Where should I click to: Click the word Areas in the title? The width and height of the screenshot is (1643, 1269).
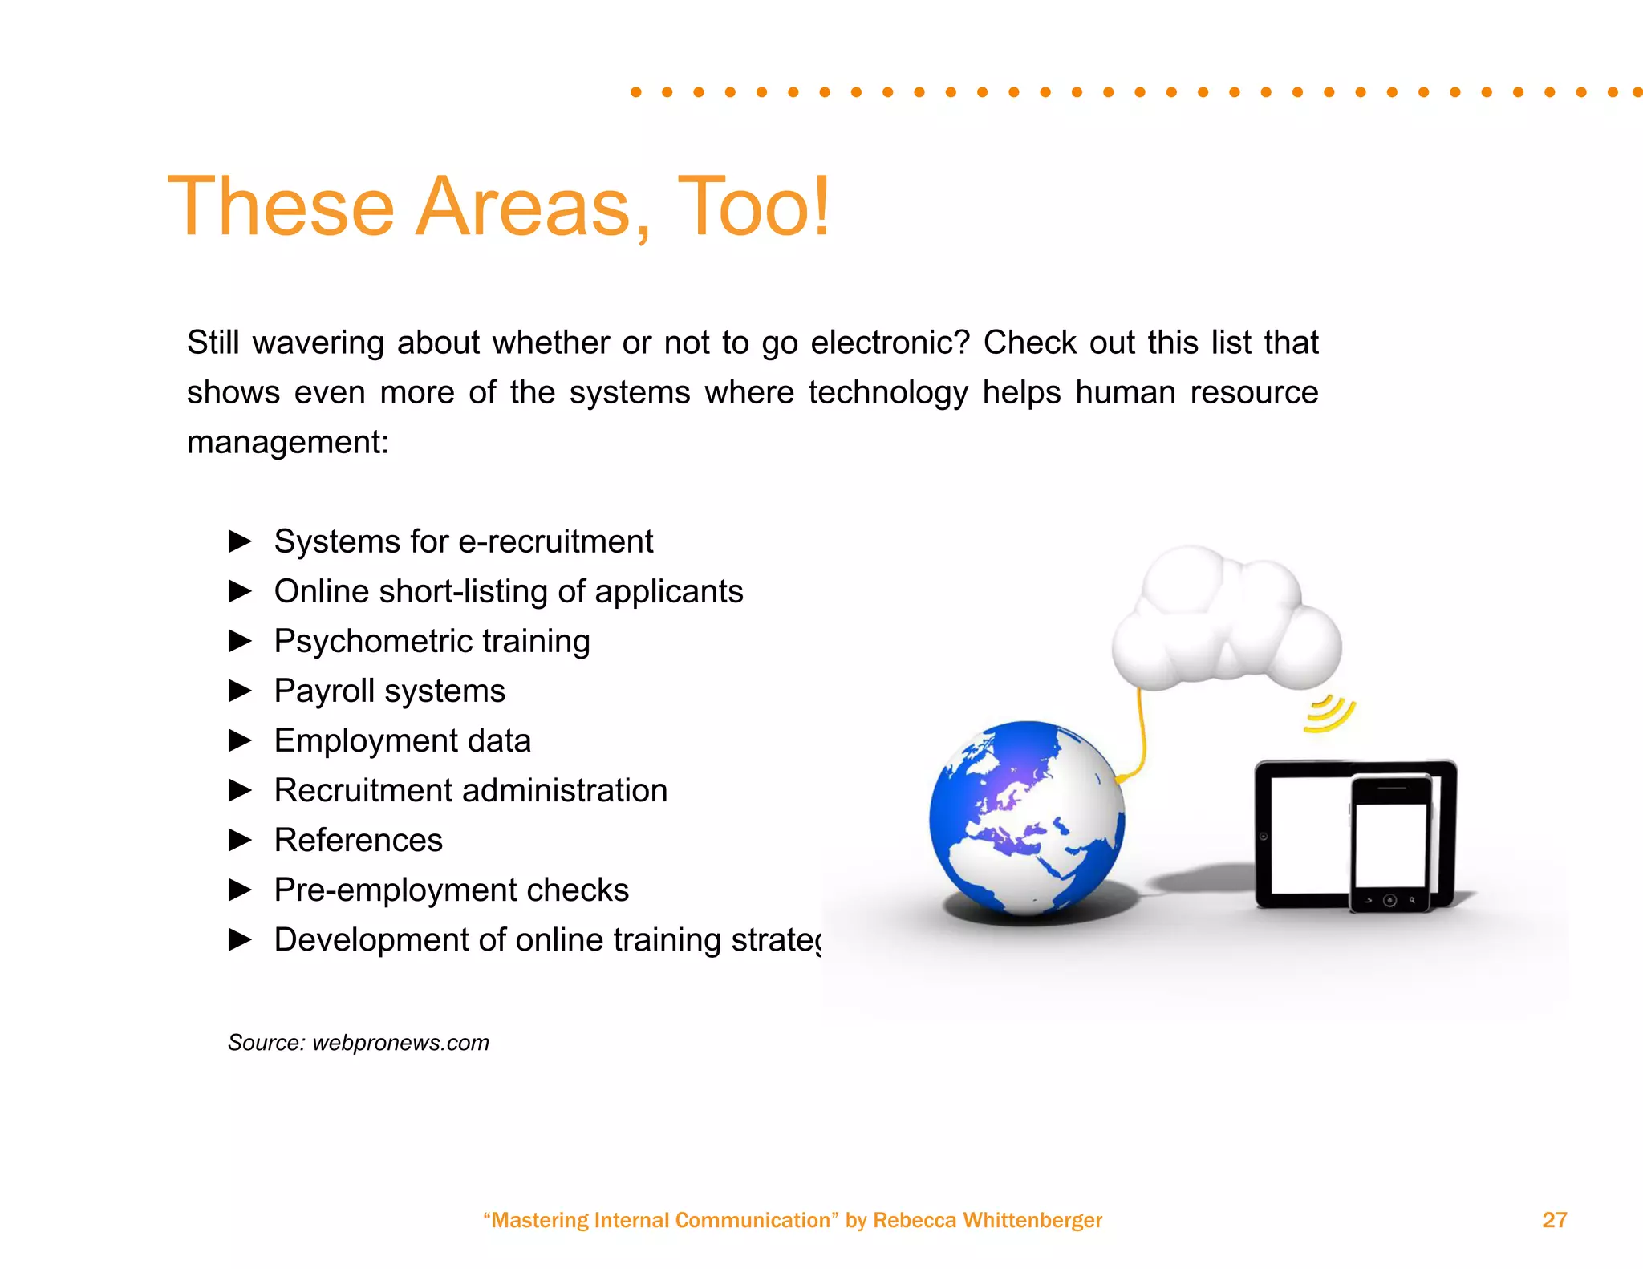click(x=522, y=207)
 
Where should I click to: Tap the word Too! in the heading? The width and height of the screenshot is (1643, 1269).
click(x=753, y=207)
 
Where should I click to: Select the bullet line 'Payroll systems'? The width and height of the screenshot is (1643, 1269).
click(x=389, y=691)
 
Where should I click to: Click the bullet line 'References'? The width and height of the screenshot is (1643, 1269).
click(x=358, y=840)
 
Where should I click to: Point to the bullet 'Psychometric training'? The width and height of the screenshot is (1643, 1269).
click(x=432, y=641)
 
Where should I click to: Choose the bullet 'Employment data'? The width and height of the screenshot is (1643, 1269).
click(x=402, y=740)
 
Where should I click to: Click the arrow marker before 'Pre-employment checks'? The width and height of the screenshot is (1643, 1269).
click(x=240, y=890)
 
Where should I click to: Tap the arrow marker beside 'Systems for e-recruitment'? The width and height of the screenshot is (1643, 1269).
click(x=240, y=541)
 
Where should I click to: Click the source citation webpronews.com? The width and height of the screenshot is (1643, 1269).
click(x=400, y=1043)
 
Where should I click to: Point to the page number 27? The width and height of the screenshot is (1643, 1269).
click(x=1554, y=1220)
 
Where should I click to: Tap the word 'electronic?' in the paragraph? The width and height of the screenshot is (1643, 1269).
click(x=890, y=343)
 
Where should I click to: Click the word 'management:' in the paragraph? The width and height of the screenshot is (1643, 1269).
click(x=288, y=442)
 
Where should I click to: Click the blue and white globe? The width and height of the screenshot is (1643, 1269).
click(x=1027, y=818)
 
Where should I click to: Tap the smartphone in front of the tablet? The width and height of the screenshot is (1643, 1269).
click(x=1391, y=842)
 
